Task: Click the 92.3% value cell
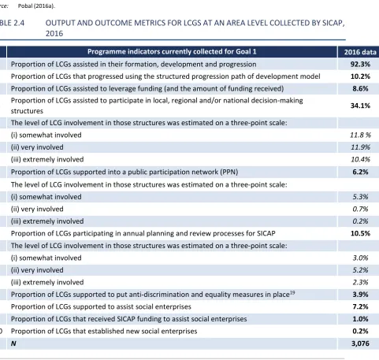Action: (360, 65)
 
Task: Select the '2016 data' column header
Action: (360, 52)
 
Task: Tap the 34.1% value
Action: (360, 106)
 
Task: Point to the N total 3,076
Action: (360, 343)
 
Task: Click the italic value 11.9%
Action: (360, 147)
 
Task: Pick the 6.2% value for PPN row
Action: (360, 172)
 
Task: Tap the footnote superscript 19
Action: (292, 292)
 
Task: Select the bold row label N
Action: (13, 343)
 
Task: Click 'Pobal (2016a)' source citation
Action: (36, 6)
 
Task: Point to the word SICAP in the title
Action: (333, 23)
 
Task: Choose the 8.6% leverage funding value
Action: (360, 88)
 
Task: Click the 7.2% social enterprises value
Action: (360, 306)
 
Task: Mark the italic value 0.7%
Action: (360, 209)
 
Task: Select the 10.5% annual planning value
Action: (360, 233)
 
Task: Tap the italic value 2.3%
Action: (360, 282)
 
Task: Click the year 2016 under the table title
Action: (54, 34)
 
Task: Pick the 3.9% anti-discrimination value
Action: (360, 295)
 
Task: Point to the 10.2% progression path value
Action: (360, 76)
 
